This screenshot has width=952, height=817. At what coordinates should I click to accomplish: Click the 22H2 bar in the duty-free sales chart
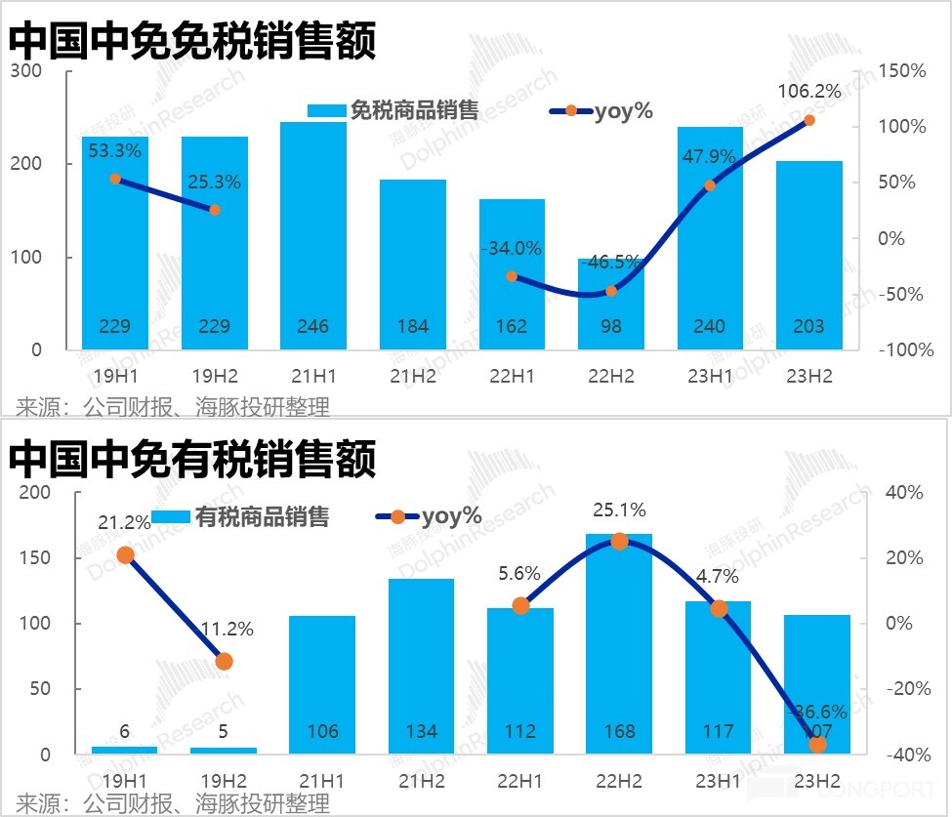(x=611, y=304)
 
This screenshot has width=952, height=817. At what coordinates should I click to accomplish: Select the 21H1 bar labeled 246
(x=313, y=234)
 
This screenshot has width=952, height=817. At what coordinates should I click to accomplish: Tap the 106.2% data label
(x=809, y=92)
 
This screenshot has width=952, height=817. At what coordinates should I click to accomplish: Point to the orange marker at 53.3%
(x=115, y=179)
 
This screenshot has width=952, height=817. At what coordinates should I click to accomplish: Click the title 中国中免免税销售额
(x=192, y=42)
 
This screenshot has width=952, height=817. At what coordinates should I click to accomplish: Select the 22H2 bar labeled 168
(x=619, y=644)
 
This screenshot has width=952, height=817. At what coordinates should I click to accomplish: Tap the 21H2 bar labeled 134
(x=421, y=666)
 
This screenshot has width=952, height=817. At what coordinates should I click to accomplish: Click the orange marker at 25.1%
(x=619, y=541)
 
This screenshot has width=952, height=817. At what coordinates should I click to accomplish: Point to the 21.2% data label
(x=124, y=523)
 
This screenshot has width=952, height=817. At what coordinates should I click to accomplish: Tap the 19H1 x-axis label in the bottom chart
(x=124, y=781)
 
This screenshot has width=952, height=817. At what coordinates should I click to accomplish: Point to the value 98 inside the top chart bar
(x=611, y=326)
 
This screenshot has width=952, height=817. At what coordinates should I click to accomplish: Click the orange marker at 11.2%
(x=224, y=661)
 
